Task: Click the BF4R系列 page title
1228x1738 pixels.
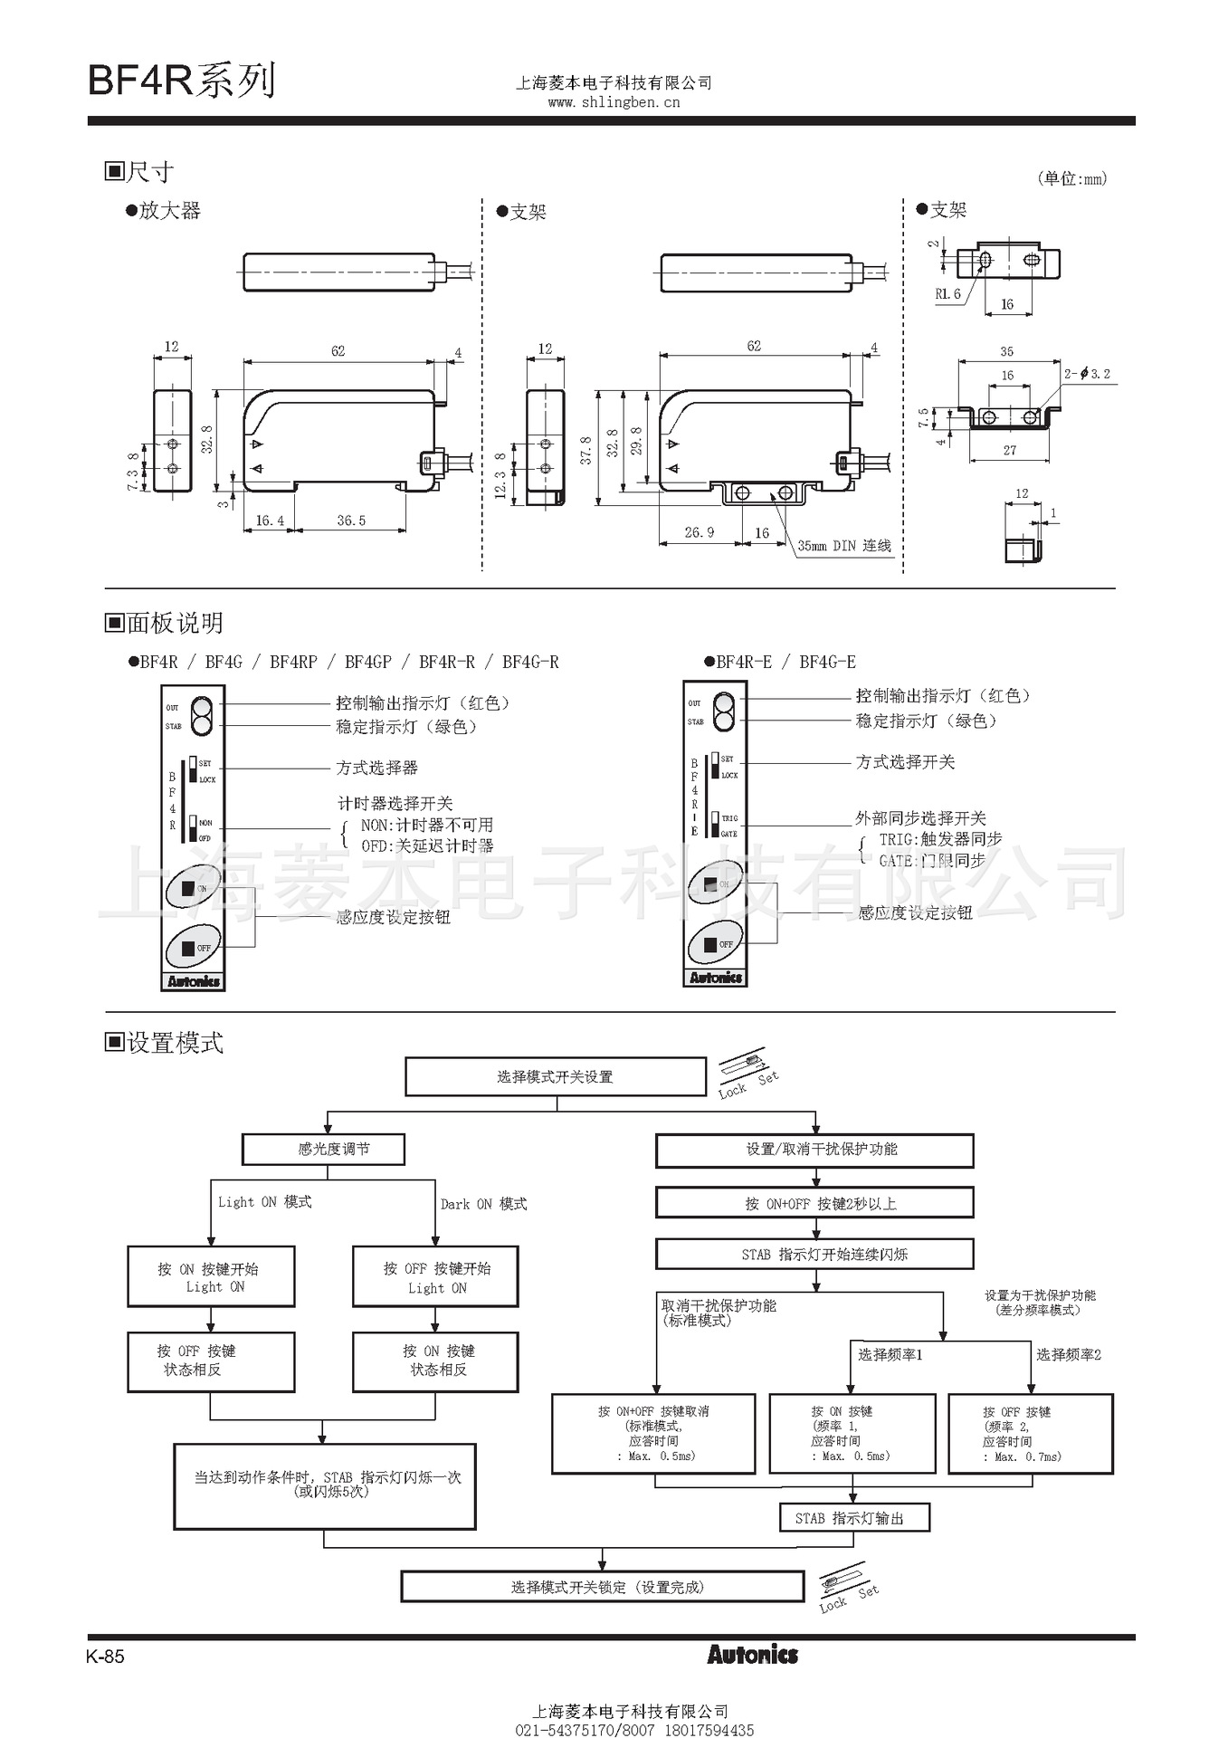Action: [181, 81]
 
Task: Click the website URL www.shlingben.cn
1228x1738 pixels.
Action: [614, 102]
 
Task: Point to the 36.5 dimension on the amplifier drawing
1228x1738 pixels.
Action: [351, 520]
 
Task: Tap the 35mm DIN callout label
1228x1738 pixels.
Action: [843, 546]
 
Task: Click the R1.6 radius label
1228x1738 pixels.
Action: [947, 294]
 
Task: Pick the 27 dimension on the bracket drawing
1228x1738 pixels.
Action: [1009, 450]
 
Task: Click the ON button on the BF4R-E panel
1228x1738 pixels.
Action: [715, 883]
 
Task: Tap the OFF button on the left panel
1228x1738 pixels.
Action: [193, 948]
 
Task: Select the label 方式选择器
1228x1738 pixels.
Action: [376, 768]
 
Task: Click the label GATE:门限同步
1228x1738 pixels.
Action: [931, 861]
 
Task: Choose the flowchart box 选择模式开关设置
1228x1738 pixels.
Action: [555, 1077]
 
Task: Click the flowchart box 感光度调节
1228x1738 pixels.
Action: [323, 1150]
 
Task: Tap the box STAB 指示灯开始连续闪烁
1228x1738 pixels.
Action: [814, 1255]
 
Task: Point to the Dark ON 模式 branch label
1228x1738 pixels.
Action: [483, 1204]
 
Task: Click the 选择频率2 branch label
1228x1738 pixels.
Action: [1068, 1355]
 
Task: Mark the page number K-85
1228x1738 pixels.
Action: [106, 1657]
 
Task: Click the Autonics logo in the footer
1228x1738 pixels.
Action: [752, 1655]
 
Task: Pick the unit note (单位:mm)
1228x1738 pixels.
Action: [1071, 178]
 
